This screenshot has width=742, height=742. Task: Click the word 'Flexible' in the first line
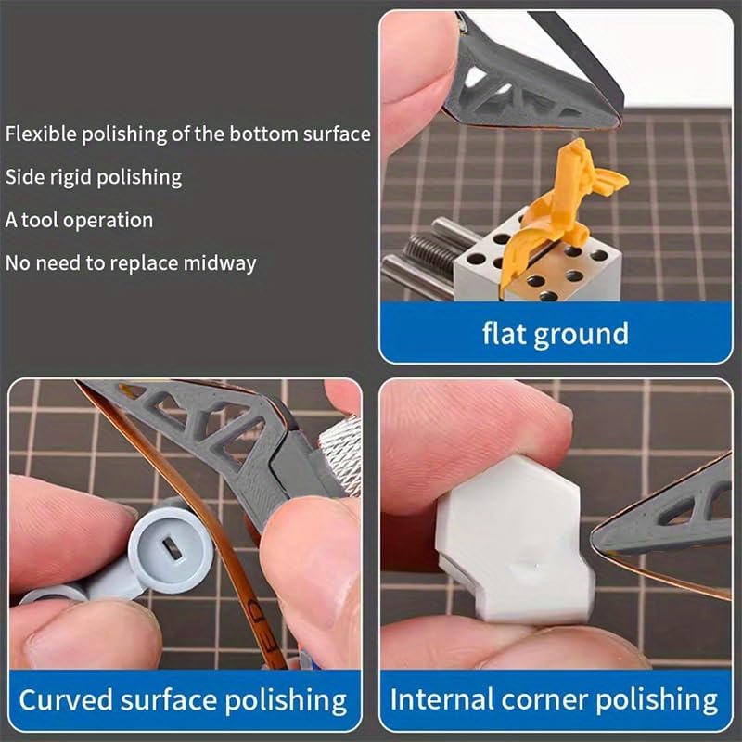click(x=40, y=134)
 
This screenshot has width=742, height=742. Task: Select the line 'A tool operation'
click(x=79, y=220)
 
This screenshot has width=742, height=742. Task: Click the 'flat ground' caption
click(x=555, y=332)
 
